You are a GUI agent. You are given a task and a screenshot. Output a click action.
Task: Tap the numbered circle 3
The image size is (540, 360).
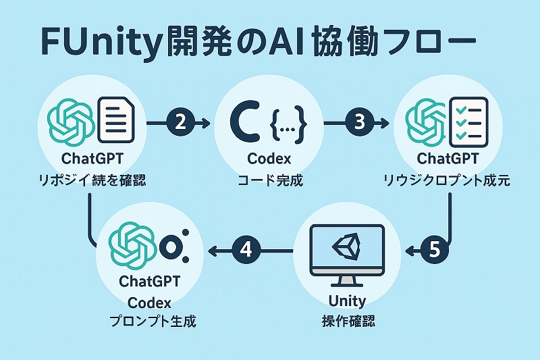(359, 122)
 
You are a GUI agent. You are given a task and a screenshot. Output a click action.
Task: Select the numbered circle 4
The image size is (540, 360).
(246, 251)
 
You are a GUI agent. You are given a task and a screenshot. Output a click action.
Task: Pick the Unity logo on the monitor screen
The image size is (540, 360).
(346, 247)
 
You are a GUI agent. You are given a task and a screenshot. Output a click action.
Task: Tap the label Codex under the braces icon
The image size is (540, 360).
(269, 160)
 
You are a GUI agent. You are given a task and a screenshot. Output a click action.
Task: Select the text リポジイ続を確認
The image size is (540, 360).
(90, 180)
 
